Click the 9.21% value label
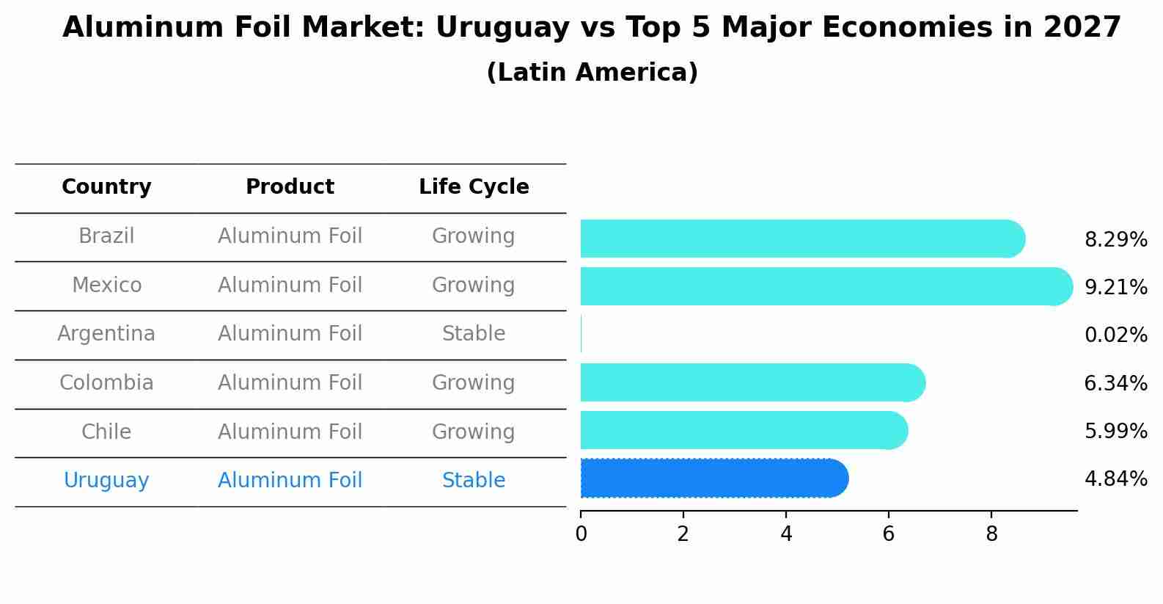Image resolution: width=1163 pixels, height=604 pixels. pyautogui.click(x=1115, y=288)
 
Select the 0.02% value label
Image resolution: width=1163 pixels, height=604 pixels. pyautogui.click(x=1115, y=335)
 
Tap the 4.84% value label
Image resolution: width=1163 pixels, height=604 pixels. pyautogui.click(x=1115, y=479)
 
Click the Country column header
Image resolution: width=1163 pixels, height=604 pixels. pyautogui.click(x=106, y=187)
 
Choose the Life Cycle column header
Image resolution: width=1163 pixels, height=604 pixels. pyautogui.click(x=474, y=187)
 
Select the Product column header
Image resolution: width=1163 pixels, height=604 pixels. pyautogui.click(x=290, y=187)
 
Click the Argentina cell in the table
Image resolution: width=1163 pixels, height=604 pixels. pyautogui.click(x=106, y=334)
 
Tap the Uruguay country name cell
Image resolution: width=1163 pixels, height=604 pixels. pyautogui.click(x=106, y=481)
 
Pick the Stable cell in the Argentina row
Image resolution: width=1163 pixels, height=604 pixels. pyautogui.click(x=474, y=334)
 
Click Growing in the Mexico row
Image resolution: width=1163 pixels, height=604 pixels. pyautogui.click(x=474, y=285)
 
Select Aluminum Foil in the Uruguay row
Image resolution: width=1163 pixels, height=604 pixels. pyautogui.click(x=290, y=481)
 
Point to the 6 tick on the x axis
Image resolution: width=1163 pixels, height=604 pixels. pyautogui.click(x=888, y=534)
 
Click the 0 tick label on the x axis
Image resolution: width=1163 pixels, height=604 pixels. pyautogui.click(x=581, y=534)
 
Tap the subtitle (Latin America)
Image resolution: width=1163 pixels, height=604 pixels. pyautogui.click(x=592, y=73)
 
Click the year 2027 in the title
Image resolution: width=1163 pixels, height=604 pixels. pyautogui.click(x=1082, y=28)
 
